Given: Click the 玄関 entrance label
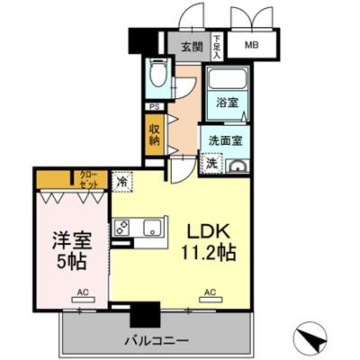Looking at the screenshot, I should point(190,46).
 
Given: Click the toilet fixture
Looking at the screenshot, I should point(158,76).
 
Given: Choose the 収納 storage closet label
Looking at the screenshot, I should point(155,133).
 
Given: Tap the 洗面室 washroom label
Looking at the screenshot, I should point(226,140).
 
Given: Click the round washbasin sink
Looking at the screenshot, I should point(238,165).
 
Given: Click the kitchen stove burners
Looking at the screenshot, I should point(124,226).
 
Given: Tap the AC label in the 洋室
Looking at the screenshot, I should point(82,292).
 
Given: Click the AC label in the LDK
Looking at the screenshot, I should point(210,292).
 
